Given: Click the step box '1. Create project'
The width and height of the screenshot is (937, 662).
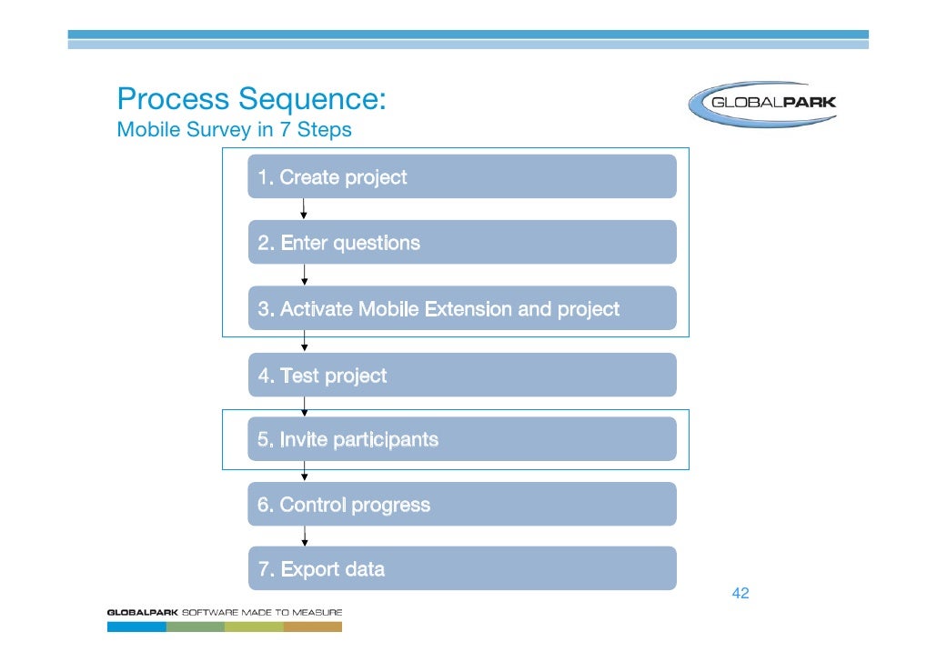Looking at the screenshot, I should (x=462, y=176).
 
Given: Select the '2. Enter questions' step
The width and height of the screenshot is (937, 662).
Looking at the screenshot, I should (x=462, y=243).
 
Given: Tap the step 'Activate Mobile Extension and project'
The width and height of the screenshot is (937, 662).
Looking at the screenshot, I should (x=462, y=308).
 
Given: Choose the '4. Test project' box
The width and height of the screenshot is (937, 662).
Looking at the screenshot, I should (x=462, y=375).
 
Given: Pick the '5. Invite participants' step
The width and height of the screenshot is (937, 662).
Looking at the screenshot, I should (x=462, y=439).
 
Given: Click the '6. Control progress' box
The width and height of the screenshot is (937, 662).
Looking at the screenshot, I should (x=462, y=504).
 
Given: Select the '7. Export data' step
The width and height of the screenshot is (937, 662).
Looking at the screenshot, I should (x=462, y=568).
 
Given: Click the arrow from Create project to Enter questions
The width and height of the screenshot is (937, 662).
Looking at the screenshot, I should (x=304, y=209).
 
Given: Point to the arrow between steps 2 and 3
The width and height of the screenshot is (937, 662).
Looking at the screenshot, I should (x=304, y=275).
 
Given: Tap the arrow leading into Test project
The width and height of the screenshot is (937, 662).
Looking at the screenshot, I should (x=304, y=341).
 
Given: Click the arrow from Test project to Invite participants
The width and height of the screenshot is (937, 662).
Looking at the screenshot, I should (x=304, y=406).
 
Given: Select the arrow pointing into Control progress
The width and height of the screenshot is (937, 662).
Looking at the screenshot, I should (x=304, y=471).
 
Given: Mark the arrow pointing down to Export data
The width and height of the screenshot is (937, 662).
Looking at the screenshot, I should (x=304, y=537).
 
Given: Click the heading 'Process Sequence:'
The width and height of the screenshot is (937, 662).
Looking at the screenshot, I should (x=252, y=98).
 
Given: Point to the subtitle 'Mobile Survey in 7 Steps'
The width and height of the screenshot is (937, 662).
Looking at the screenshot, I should (x=234, y=130).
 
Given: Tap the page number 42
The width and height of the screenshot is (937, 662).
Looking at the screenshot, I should (x=741, y=594).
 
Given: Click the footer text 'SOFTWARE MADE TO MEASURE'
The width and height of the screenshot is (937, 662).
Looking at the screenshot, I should (x=263, y=612).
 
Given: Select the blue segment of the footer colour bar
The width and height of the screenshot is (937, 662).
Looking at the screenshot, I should (x=136, y=626).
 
